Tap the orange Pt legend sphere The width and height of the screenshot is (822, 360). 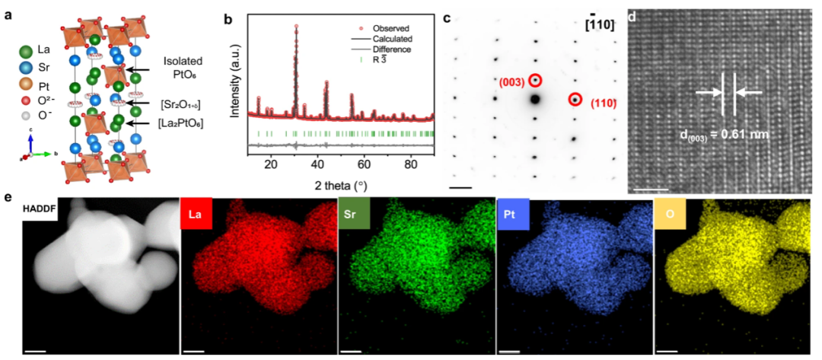point(26,86)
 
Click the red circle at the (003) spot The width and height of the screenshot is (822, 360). point(536,80)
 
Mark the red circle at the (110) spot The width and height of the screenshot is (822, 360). point(575,100)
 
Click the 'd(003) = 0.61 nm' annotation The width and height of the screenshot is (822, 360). point(723,135)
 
